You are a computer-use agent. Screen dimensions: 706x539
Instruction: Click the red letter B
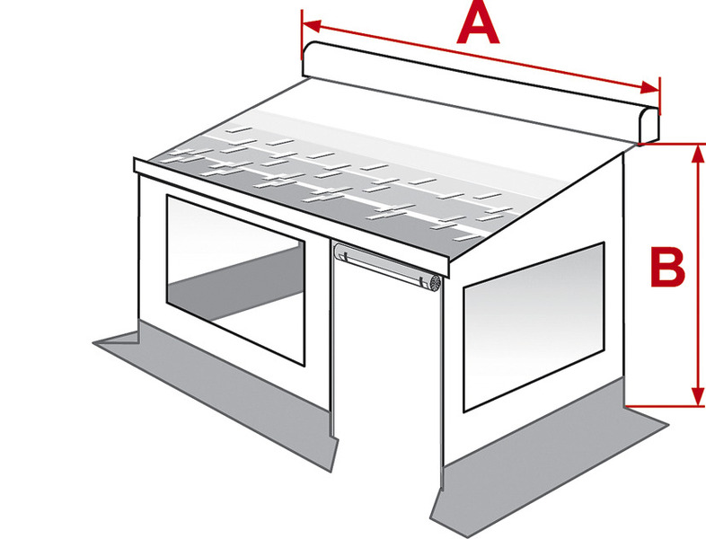click(x=667, y=267)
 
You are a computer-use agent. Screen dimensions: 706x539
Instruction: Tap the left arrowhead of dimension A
click(x=312, y=26)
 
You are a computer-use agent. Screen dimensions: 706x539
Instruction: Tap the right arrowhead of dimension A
click(x=649, y=88)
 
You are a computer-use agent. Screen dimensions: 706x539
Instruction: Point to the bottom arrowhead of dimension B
click(x=697, y=396)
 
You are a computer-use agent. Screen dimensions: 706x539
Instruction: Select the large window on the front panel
click(x=235, y=278)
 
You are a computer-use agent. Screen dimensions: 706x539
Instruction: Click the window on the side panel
click(x=534, y=326)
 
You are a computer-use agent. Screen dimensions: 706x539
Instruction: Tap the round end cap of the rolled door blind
click(x=436, y=282)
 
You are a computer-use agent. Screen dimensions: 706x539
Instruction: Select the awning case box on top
click(x=481, y=92)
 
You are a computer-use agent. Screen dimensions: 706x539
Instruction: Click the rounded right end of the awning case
click(x=649, y=125)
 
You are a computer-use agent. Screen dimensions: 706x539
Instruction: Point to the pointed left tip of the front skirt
click(x=94, y=343)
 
